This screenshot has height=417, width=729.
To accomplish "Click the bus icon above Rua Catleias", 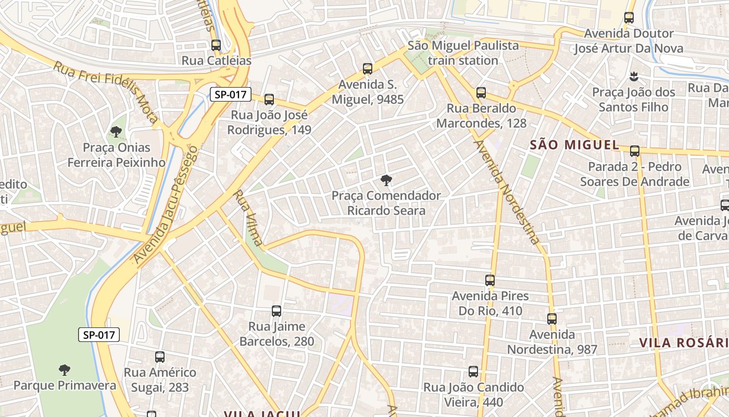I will click(216, 45).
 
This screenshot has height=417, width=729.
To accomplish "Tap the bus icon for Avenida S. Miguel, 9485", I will click(368, 69).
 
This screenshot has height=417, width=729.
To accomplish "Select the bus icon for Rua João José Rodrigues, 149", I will click(269, 100).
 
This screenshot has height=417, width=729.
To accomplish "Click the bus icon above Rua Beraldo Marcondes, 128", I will click(481, 93).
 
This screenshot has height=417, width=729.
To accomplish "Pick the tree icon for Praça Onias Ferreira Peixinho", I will click(116, 132).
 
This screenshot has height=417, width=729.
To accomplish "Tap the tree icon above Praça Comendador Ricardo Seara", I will click(386, 180).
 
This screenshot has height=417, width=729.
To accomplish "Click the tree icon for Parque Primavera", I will click(65, 370).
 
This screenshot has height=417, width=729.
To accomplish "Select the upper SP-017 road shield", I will click(231, 94).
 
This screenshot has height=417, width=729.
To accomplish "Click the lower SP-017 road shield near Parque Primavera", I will click(99, 335).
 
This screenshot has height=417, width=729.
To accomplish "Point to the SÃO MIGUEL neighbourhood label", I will click(574, 145).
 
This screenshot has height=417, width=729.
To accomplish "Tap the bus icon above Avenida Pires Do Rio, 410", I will click(490, 280).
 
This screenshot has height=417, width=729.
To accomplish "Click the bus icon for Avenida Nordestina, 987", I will click(552, 319).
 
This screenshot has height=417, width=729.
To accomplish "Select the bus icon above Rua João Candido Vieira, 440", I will click(473, 372).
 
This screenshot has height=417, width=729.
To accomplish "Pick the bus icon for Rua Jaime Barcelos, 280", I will click(276, 312).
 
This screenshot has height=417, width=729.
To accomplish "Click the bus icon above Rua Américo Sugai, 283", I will click(160, 357).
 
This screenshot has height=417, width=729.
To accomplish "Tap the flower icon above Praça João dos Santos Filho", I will click(634, 77).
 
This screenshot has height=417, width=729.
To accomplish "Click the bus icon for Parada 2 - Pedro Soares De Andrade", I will click(635, 151).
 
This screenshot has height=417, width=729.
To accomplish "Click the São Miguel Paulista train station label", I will click(463, 53).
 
